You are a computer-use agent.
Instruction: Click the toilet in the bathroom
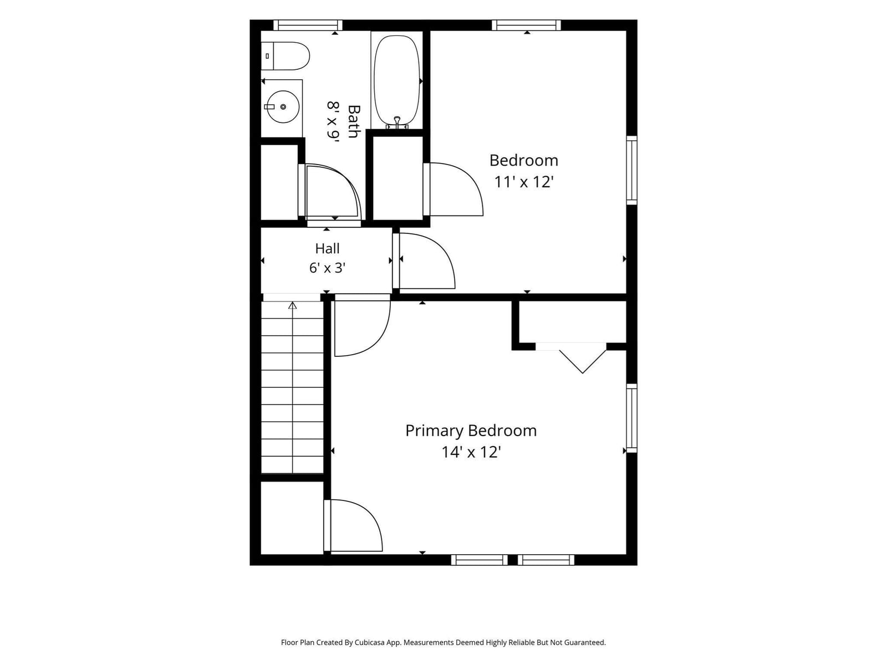tap(286, 56)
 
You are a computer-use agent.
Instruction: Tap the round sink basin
tap(283, 106)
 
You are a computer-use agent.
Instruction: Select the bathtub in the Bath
tap(397, 81)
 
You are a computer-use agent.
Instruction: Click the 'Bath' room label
tap(354, 121)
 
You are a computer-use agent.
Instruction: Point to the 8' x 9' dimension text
tap(333, 122)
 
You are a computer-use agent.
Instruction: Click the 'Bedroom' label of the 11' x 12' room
tap(524, 161)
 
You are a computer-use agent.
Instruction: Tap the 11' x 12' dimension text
tap(524, 182)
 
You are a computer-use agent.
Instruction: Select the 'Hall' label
tap(327, 248)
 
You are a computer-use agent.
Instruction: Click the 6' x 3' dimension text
tap(327, 268)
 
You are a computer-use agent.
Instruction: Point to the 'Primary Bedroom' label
tap(471, 431)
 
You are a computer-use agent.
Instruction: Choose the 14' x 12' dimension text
tap(471, 452)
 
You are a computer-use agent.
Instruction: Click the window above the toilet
tap(308, 25)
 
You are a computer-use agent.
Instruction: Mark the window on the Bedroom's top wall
tap(527, 25)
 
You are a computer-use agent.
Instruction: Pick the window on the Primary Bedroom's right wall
tap(631, 418)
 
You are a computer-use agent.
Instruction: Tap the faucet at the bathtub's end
tap(397, 122)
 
